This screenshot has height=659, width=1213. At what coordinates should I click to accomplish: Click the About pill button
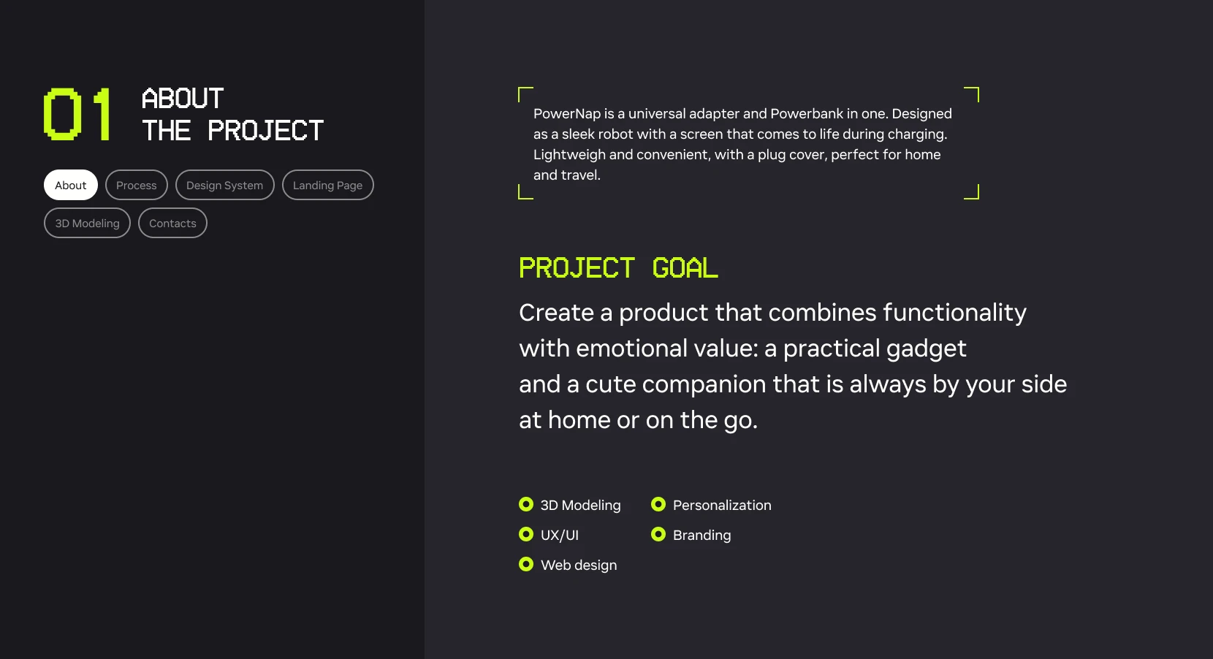[70, 185]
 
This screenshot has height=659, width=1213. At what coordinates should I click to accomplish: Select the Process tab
[137, 185]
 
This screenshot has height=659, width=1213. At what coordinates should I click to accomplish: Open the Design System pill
[225, 185]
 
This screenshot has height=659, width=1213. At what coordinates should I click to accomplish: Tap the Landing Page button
[327, 185]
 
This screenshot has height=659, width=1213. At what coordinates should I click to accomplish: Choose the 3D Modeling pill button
[87, 223]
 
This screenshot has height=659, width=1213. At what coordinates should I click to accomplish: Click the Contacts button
[172, 223]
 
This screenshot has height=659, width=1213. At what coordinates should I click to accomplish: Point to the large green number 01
[77, 114]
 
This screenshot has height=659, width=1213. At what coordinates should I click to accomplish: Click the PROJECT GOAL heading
[618, 268]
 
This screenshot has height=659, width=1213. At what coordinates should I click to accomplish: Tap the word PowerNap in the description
[567, 114]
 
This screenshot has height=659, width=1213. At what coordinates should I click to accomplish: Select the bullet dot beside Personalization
[658, 504]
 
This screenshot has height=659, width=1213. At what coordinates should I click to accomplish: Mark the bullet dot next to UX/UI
[526, 535]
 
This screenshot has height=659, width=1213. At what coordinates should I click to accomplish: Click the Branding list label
[701, 535]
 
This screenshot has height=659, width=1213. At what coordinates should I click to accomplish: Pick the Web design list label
[579, 565]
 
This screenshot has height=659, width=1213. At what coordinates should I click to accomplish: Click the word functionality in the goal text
[955, 313]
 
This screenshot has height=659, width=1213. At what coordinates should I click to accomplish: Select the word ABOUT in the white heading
[183, 99]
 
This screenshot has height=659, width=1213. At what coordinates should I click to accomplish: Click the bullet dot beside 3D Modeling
[526, 504]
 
